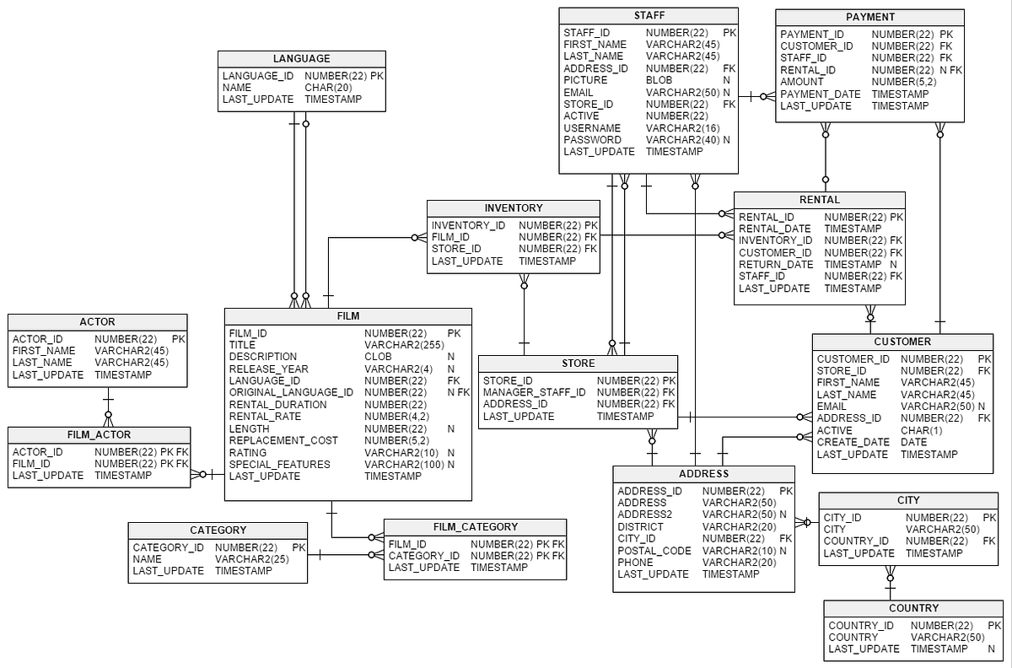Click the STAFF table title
click(x=649, y=16)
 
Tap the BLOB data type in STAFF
click(x=659, y=80)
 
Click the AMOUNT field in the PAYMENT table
click(x=801, y=82)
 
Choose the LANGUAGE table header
click(x=301, y=59)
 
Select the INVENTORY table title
click(x=514, y=208)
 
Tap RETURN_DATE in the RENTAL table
click(x=776, y=265)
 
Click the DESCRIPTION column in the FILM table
click(x=263, y=357)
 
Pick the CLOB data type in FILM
click(x=378, y=357)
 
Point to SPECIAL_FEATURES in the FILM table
click(x=280, y=465)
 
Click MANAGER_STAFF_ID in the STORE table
click(x=534, y=392)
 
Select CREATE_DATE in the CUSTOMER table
click(x=853, y=442)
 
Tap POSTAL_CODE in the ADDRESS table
click(x=654, y=551)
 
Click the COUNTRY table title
click(x=913, y=608)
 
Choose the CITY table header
click(x=908, y=500)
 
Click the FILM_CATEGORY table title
click(x=475, y=527)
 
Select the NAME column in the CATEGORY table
click(x=148, y=559)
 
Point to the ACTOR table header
click(x=97, y=322)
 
